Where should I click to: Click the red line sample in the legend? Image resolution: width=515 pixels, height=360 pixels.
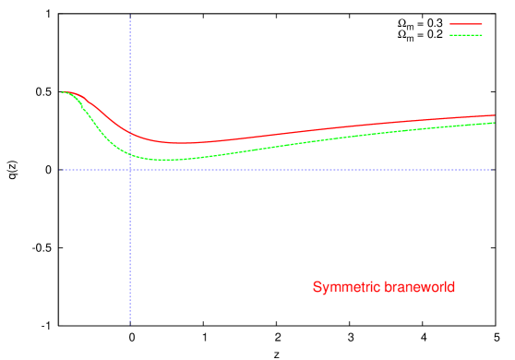click(x=465, y=24)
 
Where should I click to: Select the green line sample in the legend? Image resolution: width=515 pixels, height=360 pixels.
click(x=465, y=35)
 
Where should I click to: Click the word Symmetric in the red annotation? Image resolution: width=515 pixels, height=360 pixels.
click(x=341, y=288)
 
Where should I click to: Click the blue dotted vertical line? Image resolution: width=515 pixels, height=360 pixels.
click(x=130, y=240)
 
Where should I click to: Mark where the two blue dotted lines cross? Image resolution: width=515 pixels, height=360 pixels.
click(x=130, y=170)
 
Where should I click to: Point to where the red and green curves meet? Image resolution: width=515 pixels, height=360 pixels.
click(x=64, y=92)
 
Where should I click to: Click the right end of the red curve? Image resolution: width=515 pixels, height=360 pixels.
click(x=495, y=115)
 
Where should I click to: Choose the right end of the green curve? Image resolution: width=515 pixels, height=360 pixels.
click(x=495, y=123)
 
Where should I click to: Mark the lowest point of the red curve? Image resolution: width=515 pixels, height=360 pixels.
click(x=185, y=143)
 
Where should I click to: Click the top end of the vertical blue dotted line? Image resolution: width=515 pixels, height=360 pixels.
click(x=130, y=18)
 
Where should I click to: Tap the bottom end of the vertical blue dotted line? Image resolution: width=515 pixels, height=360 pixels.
click(x=130, y=324)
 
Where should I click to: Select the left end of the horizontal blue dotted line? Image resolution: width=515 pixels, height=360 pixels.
click(x=62, y=170)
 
